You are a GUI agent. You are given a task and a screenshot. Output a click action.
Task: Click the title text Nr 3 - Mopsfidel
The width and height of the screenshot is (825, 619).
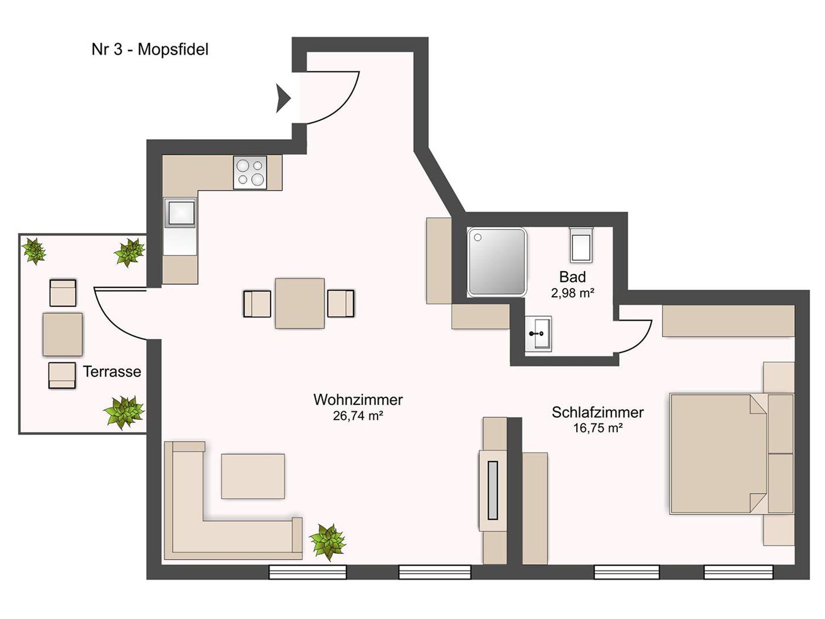pos(150,50)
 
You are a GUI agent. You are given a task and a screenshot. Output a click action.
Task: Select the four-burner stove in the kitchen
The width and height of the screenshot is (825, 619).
pos(250,172)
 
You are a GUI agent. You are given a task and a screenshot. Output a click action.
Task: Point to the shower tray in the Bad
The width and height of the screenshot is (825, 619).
pos(497,262)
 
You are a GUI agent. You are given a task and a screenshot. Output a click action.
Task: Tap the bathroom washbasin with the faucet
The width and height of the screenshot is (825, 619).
pos(538,334)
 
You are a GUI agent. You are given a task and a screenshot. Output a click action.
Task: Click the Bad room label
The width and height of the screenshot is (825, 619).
pos(572,277)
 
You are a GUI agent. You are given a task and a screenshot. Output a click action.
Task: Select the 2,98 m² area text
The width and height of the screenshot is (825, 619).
pos(572,293)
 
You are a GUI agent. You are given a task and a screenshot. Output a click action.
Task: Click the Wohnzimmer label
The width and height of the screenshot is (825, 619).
pos(358,400)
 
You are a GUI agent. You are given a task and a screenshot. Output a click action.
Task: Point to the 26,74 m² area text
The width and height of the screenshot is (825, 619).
pos(358,416)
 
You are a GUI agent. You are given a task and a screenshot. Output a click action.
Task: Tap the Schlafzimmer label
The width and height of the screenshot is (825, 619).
pos(598,413)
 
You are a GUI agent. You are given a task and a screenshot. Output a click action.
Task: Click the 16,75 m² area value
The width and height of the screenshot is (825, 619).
pos(598,428)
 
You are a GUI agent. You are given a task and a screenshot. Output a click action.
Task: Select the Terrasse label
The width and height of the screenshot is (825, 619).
pos(112,371)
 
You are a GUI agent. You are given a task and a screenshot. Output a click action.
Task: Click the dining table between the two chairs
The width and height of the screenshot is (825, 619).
pos(300,303)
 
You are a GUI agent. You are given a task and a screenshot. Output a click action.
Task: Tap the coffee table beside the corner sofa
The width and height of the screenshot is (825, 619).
pos(253,477)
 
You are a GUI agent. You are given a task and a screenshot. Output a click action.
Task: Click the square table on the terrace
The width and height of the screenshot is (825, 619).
pos(62,334)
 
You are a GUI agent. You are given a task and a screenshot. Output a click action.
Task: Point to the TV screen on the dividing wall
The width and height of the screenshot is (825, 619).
pos(493,491)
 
